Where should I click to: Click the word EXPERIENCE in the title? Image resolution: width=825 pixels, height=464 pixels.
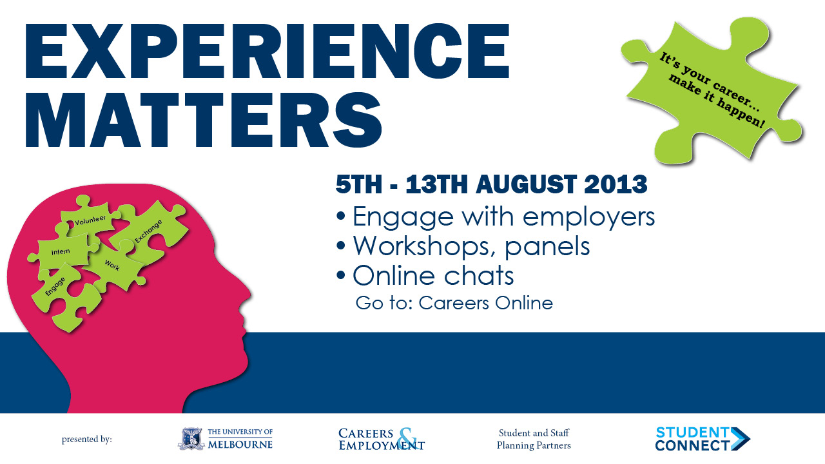[x=267, y=50]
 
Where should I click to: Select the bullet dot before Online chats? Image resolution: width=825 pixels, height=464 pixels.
[x=342, y=276]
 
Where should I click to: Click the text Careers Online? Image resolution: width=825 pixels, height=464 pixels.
[x=485, y=303]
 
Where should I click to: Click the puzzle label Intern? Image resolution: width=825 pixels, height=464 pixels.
[x=60, y=251]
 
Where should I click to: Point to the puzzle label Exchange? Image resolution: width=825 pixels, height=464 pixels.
[x=148, y=231]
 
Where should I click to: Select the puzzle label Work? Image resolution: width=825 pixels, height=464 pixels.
[x=112, y=264]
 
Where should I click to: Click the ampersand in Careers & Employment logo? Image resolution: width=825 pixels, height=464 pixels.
[x=405, y=438]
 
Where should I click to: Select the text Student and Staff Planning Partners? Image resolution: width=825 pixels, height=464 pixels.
[x=534, y=439]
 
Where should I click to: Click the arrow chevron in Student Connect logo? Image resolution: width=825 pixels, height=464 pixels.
[x=741, y=438]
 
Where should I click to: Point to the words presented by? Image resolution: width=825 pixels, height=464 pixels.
[x=86, y=440]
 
